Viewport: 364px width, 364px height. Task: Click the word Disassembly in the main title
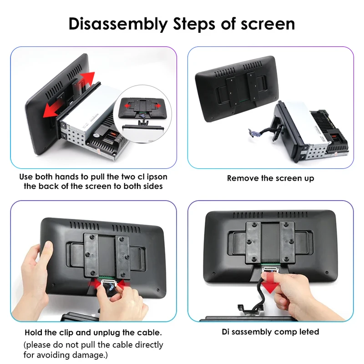point(117,24)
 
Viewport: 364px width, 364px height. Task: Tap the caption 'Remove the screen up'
point(270,178)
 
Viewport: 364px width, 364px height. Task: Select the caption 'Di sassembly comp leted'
point(270,332)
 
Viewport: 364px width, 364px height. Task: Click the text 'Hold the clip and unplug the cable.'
point(93,332)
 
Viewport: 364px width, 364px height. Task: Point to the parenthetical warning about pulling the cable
point(93,349)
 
